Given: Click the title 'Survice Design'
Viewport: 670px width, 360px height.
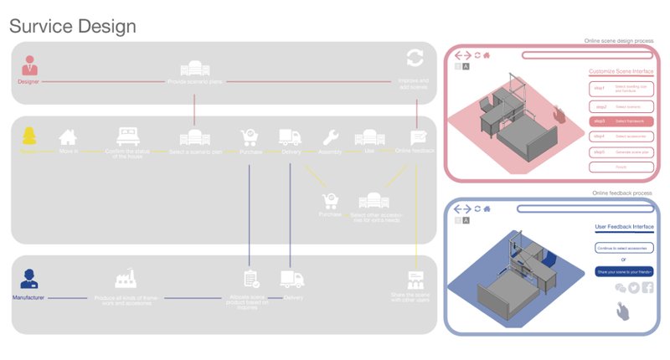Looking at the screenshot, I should click(x=72, y=26).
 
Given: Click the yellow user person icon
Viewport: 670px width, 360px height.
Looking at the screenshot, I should click(x=29, y=136).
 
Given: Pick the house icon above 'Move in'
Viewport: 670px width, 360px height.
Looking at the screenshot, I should click(x=68, y=136).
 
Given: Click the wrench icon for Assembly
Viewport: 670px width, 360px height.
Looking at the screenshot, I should click(x=330, y=137).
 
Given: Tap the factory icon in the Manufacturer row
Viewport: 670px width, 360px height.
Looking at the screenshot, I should click(x=126, y=280).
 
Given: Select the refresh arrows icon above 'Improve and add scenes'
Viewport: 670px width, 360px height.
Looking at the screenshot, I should click(x=415, y=58).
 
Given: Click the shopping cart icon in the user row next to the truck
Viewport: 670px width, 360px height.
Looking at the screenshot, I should click(x=249, y=137).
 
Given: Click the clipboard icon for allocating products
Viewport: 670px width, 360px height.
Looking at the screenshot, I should click(x=250, y=279).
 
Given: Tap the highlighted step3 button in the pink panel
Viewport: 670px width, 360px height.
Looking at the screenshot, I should click(x=621, y=121).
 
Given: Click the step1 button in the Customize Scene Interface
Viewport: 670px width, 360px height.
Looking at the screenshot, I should click(x=621, y=88).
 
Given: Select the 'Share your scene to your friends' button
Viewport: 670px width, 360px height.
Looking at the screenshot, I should click(x=624, y=271).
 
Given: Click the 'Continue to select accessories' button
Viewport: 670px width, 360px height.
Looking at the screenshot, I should click(x=624, y=249).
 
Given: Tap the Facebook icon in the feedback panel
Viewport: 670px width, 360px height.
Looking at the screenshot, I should click(x=648, y=288).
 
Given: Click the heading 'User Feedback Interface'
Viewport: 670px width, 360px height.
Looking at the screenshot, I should click(x=624, y=226).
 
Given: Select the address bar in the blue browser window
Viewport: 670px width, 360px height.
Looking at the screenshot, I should click(x=586, y=207).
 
